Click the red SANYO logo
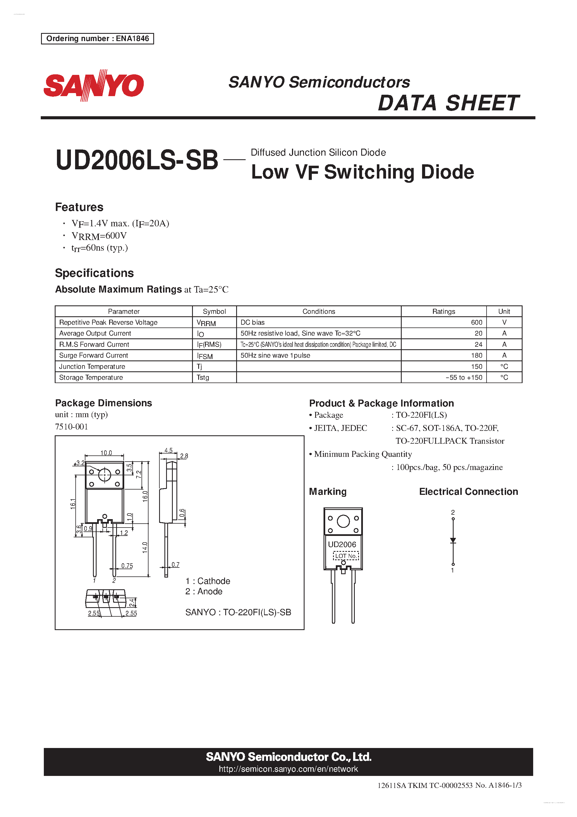[x=94, y=85]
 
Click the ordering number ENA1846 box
[x=97, y=39]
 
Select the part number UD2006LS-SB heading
[x=137, y=160]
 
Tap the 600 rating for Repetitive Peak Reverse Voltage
[x=477, y=322]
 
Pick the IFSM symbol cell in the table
[x=205, y=356]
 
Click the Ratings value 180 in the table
[x=477, y=355]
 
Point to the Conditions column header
[x=319, y=311]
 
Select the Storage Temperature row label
[x=91, y=377]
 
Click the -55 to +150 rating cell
[x=464, y=377]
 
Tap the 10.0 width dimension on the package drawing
[x=106, y=453]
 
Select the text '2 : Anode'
[x=204, y=592]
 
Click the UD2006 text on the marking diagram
[x=342, y=544]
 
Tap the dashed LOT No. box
[x=346, y=556]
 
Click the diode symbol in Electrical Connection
[x=453, y=540]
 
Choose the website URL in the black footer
[x=288, y=769]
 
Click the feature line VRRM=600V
[x=99, y=236]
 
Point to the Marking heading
[x=327, y=492]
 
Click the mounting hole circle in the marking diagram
[x=343, y=521]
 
